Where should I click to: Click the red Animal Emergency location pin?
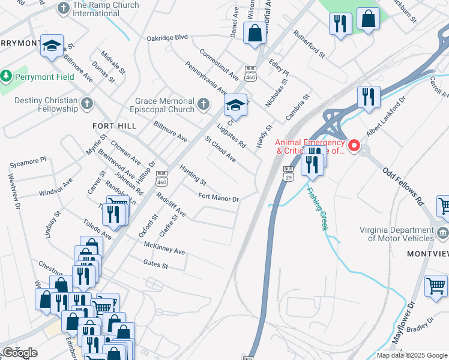pos(354,146)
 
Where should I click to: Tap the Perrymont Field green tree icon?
pos(7,77)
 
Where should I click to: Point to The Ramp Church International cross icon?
pos(63,8)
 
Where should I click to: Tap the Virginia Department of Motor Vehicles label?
pos(397,234)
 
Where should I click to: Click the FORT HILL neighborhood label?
pos(114,126)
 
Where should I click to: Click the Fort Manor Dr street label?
pos(218,198)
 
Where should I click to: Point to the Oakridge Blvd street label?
pos(167,37)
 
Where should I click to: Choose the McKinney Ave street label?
pos(164,247)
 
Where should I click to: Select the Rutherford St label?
pos(309,44)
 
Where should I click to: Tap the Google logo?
pos(20,353)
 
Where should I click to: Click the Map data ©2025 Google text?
pos(411,355)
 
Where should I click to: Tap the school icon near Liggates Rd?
pos(236,106)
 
